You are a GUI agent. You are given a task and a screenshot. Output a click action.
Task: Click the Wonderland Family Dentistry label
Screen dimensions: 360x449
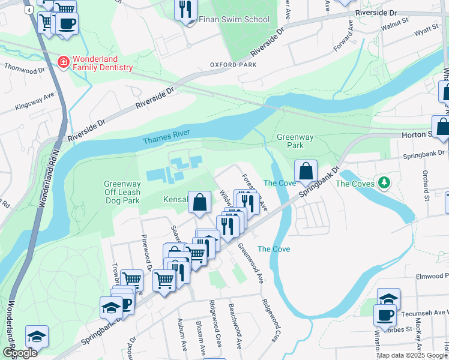point(103,64)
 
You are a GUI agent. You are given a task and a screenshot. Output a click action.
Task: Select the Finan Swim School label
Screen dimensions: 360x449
point(234,19)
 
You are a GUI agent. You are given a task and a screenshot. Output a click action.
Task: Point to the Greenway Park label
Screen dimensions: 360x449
point(295,141)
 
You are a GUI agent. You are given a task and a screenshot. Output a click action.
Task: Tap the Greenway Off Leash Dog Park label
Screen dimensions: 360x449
point(122,192)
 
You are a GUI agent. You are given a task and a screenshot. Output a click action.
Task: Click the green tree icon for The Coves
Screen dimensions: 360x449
point(381,183)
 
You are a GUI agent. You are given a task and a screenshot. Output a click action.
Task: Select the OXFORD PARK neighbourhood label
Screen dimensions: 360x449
point(229,65)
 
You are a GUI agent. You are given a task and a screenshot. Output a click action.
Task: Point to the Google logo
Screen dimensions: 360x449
point(20,353)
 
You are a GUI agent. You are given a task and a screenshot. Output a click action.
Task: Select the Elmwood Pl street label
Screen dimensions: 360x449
point(432,277)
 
